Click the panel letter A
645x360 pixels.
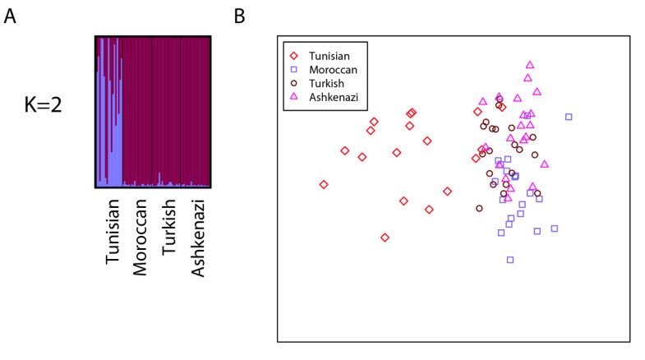point(10,16)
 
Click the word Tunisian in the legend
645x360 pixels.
point(329,54)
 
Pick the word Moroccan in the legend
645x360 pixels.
point(333,69)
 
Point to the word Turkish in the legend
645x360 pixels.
point(326,84)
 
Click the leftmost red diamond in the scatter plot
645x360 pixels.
point(324,184)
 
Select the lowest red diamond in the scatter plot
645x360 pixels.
point(385,238)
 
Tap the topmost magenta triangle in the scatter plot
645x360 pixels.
point(530,64)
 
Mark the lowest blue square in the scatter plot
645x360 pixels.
point(510,260)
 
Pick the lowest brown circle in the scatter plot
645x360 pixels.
point(479,208)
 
